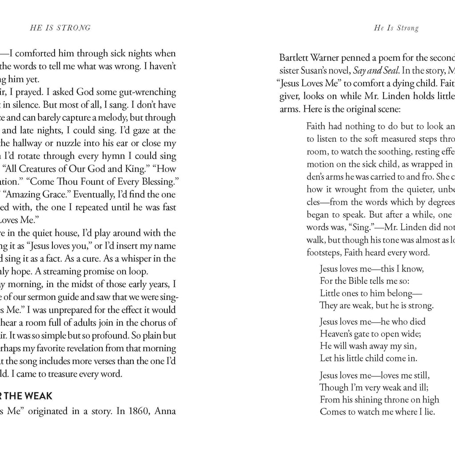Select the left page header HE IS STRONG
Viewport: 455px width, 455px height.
coord(60,28)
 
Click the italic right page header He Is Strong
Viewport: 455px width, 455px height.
coord(396,28)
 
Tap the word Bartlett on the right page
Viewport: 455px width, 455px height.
coord(294,58)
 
